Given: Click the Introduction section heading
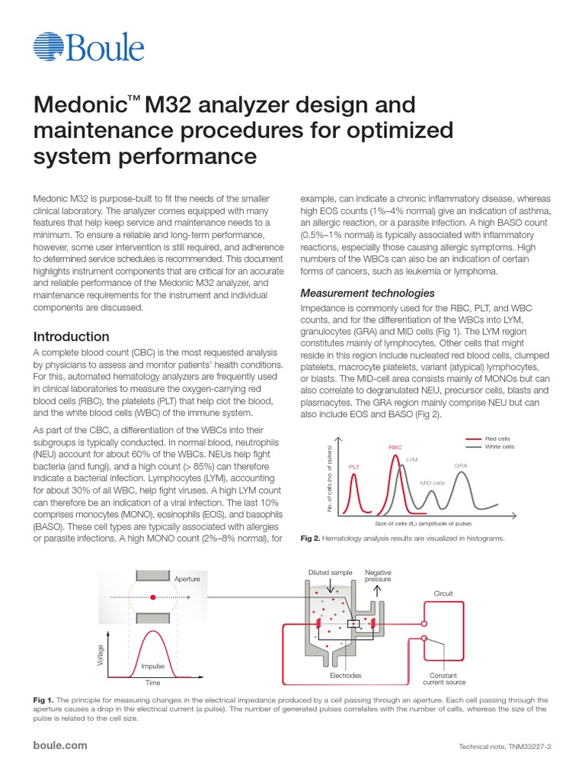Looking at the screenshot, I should coord(72,336).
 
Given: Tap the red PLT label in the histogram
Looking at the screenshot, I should coord(354,466).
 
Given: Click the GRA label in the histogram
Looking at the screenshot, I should coord(461,464).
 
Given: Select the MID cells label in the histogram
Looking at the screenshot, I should coord(433,483).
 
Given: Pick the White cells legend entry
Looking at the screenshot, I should coord(501,446).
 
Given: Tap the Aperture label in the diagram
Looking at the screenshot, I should coord(187,579).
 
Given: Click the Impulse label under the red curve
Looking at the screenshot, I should coord(152,666).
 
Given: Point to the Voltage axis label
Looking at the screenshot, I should coord(100,654).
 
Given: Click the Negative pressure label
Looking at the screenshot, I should coord(378,576).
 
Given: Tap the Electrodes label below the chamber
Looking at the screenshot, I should coord(345,676).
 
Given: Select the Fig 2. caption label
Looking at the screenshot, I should coord(309,538).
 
